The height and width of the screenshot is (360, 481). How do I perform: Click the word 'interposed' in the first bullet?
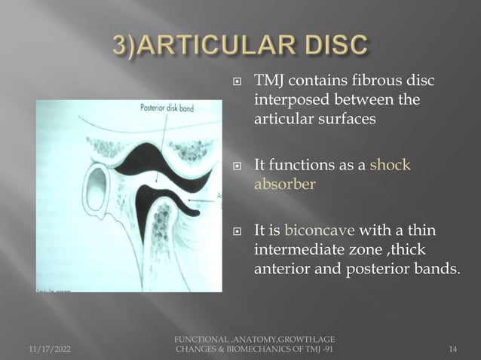pos(289,99)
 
